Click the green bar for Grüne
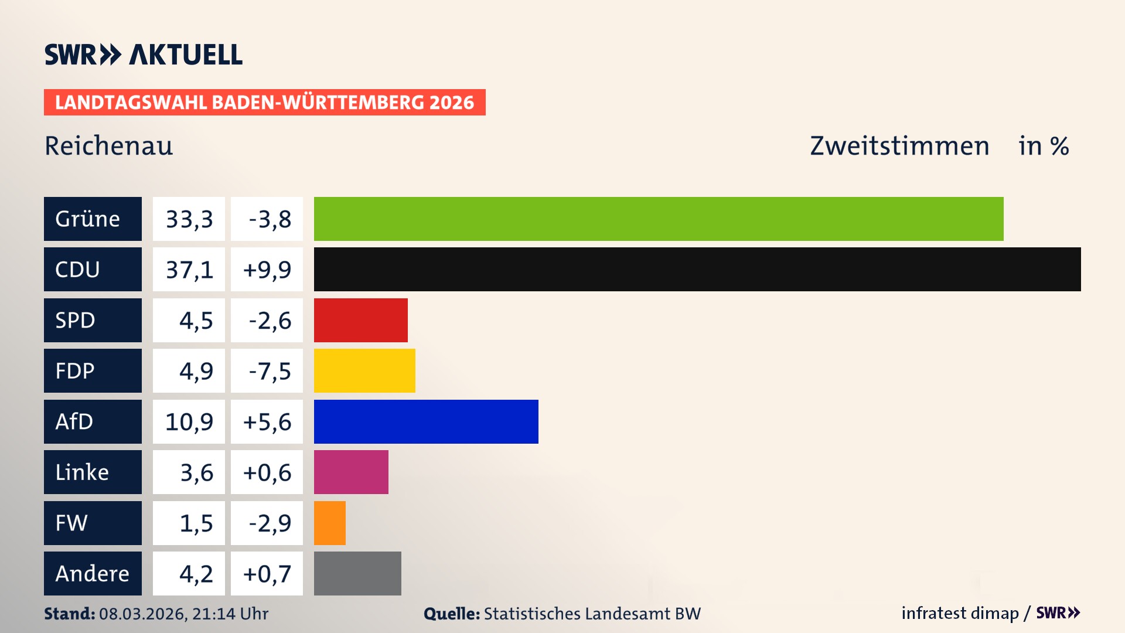[659, 219]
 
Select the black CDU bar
[697, 269]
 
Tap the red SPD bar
[360, 320]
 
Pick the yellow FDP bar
[364, 370]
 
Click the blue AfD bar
[426, 421]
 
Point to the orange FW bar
[329, 523]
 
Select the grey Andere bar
[357, 573]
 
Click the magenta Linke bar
[351, 472]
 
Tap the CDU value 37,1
[189, 270]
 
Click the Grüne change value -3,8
[268, 219]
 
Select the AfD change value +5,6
[267, 422]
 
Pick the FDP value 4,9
[196, 371]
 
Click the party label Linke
[82, 472]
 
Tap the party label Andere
[92, 574]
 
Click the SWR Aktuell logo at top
[143, 55]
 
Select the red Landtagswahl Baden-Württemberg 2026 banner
[264, 103]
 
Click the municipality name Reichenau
[109, 146]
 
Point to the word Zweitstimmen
[899, 146]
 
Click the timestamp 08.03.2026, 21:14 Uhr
[183, 614]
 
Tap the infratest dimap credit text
[960, 613]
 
